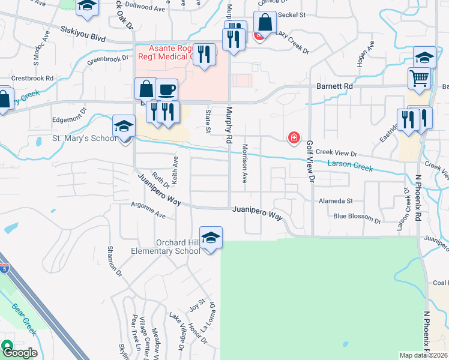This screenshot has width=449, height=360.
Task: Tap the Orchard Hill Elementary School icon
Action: tap(211, 238)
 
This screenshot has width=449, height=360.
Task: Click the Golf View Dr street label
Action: tap(310, 161)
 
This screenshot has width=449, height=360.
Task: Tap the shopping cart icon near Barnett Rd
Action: tap(420, 79)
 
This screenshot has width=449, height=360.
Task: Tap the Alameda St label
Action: tap(336, 202)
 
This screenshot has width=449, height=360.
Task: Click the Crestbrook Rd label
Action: tap(32, 78)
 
